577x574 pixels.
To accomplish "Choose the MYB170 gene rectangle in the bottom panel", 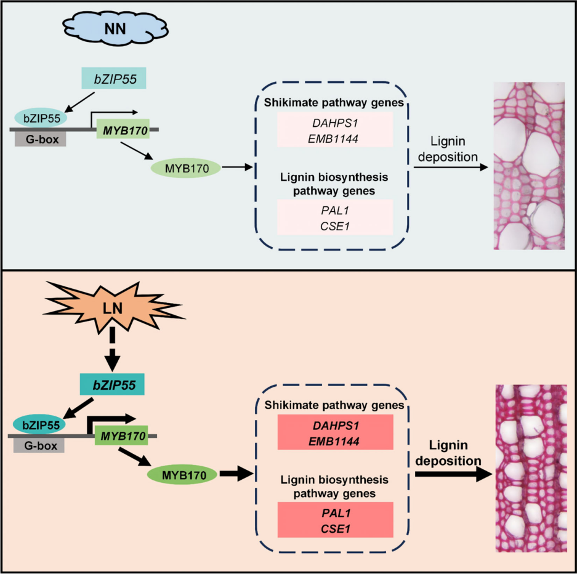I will click(x=121, y=436).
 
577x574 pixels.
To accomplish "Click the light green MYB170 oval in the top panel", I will click(x=185, y=167).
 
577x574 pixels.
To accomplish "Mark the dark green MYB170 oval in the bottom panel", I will click(x=182, y=474).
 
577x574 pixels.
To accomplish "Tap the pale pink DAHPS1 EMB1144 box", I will click(x=334, y=129).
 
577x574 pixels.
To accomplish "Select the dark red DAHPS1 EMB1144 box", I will click(x=335, y=432).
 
